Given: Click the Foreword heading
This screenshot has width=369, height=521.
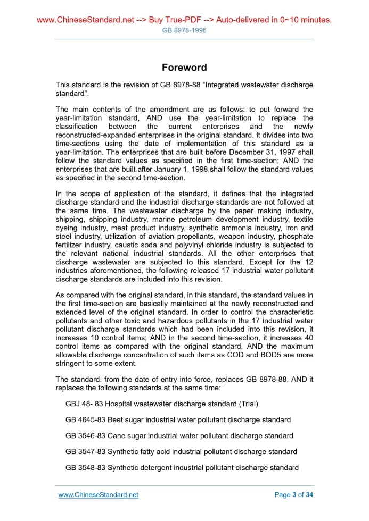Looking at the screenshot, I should coord(184,68).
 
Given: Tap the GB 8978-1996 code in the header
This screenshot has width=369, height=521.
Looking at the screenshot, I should coord(184,30).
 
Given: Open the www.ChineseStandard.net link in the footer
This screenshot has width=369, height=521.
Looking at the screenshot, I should coord(98,494).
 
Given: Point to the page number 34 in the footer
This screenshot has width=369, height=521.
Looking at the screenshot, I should coord(310,494).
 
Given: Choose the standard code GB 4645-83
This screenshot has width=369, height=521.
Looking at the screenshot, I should coord(85,419).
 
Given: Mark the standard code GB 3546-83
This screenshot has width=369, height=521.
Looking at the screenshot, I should coord(85,435).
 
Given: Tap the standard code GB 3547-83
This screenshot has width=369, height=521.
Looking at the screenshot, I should coord(85,451).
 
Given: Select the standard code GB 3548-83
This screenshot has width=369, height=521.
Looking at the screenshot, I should coord(85,467).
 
